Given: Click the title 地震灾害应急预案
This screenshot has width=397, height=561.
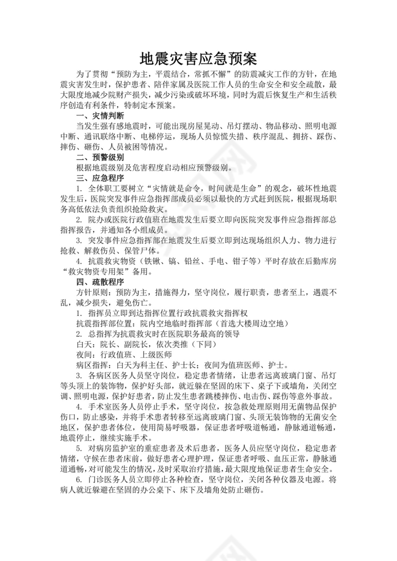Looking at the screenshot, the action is tap(198, 59).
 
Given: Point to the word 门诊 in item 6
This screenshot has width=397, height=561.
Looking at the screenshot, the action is tap(96, 479).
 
